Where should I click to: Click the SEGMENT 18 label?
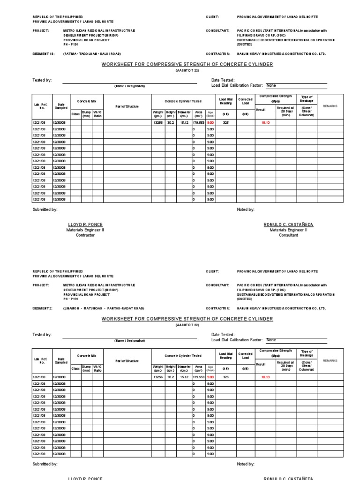coord(41,54)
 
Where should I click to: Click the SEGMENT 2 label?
coord(40,308)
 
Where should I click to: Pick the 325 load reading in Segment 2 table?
coord(225,377)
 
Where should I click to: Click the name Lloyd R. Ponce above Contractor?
coord(85,225)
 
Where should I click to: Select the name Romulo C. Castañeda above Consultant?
coord(288,225)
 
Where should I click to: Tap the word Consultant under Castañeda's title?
coord(288,235)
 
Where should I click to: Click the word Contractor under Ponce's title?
coord(85,235)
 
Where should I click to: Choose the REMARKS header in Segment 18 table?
coord(330,106)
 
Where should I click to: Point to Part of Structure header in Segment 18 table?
coord(127,106)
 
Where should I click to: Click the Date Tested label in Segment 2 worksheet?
coord(223,335)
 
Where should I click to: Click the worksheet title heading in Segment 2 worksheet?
coord(187,319)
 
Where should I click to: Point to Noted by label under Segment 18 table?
coord(246,210)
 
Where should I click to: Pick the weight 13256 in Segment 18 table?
coord(157,122)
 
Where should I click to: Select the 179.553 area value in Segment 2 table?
coord(199,377)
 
